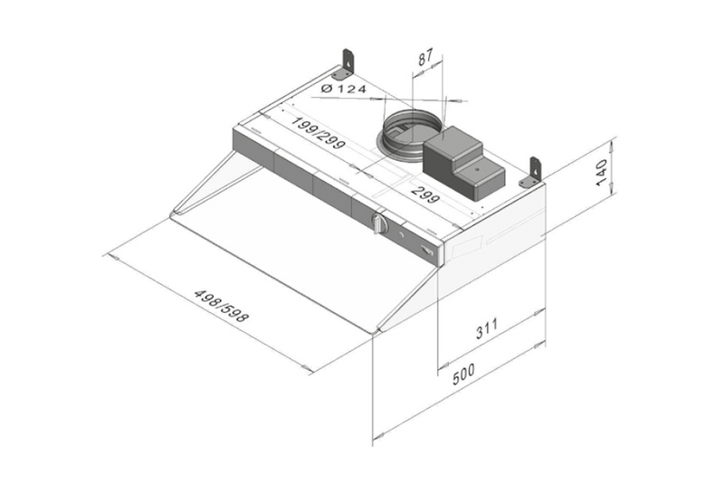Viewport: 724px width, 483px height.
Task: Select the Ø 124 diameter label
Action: tap(343, 88)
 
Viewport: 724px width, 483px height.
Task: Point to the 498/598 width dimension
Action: tap(222, 307)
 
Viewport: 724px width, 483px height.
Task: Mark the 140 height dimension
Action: tap(600, 170)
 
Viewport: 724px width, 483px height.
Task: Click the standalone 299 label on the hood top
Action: tap(425, 193)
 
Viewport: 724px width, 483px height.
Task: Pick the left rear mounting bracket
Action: tap(348, 63)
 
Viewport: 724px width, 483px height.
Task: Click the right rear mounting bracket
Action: tap(534, 171)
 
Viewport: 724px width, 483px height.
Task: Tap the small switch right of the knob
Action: tap(425, 250)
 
